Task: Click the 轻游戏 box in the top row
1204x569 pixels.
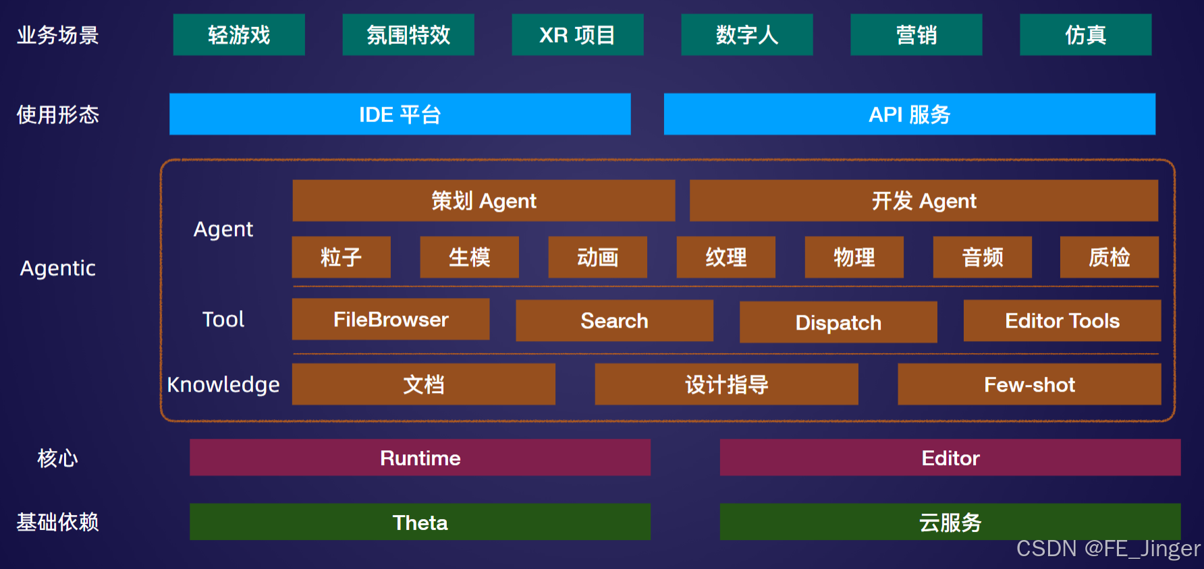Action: click(x=239, y=34)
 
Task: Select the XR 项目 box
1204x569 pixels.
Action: click(x=577, y=34)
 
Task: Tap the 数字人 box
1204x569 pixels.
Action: click(x=746, y=34)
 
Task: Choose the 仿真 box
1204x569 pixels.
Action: click(x=1085, y=34)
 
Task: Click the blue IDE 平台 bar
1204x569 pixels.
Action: click(x=400, y=114)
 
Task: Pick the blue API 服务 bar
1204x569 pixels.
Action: click(x=909, y=114)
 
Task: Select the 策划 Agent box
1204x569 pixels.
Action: click(x=483, y=200)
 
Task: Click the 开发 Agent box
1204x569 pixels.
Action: click(x=923, y=200)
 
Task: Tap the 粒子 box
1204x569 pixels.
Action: click(x=341, y=257)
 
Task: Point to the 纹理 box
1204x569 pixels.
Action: click(x=726, y=257)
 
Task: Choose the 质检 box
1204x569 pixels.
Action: click(x=1109, y=257)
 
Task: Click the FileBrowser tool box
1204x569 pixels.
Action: click(x=390, y=319)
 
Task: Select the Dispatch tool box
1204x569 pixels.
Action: click(x=838, y=322)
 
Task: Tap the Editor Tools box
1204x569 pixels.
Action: click(x=1062, y=320)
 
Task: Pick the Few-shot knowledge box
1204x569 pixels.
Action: click(x=1029, y=384)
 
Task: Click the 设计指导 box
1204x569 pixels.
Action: click(x=726, y=384)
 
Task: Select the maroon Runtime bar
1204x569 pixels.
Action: click(x=420, y=458)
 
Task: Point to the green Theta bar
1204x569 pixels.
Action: click(x=420, y=522)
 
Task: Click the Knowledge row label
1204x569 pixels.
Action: click(x=223, y=384)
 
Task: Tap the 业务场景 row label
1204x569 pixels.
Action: click(x=58, y=34)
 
